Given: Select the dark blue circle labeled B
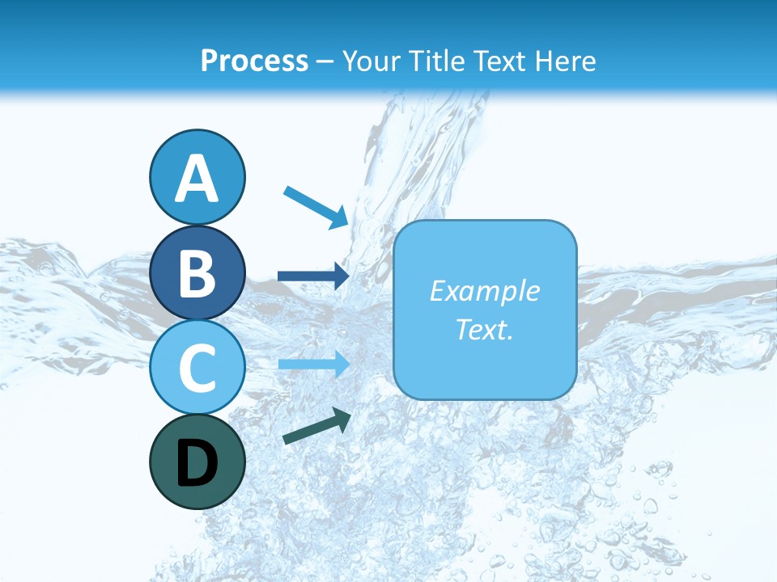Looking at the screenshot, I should pyautogui.click(x=197, y=272).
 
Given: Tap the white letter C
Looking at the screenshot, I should pyautogui.click(x=197, y=368).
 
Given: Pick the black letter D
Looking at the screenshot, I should pyautogui.click(x=197, y=463).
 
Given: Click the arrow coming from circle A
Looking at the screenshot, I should pyautogui.click(x=316, y=206).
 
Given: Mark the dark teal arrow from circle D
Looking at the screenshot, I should pyautogui.click(x=316, y=426).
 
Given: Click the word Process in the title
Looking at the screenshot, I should pyautogui.click(x=254, y=61).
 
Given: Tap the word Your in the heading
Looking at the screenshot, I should pyautogui.click(x=370, y=61).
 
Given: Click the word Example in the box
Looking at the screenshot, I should pyautogui.click(x=484, y=291).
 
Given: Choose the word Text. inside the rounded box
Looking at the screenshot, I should pyautogui.click(x=484, y=329).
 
